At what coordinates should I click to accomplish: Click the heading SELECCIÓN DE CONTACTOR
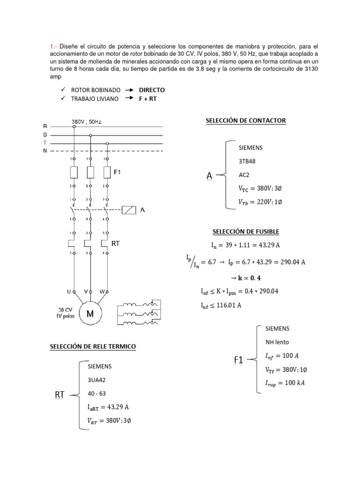(246, 120)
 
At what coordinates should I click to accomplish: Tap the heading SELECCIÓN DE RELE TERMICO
(93, 346)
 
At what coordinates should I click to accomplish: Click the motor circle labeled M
(90, 315)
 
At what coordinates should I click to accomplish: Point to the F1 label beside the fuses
(118, 172)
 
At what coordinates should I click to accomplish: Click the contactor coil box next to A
(128, 210)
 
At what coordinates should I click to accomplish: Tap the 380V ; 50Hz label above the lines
(86, 121)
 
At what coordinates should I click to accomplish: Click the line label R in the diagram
(45, 126)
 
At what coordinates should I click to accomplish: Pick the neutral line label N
(45, 150)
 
